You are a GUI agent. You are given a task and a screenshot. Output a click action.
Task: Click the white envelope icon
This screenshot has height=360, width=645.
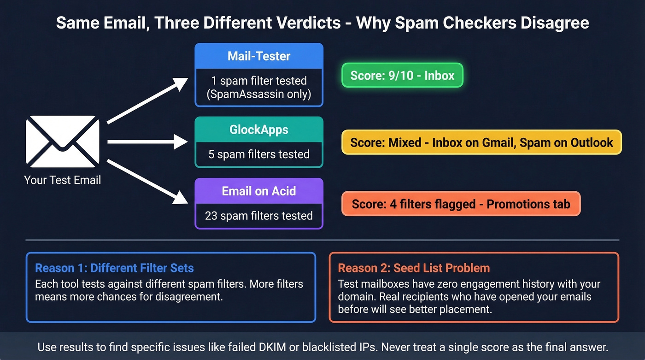[63, 142]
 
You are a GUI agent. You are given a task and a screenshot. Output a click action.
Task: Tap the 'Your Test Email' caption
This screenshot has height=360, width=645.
[63, 180]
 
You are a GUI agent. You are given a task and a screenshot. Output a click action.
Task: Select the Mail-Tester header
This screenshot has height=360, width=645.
[259, 56]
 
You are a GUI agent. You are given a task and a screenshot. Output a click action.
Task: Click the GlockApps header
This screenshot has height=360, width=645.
[259, 130]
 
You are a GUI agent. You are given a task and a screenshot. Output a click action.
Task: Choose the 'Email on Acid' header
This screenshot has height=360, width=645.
[259, 191]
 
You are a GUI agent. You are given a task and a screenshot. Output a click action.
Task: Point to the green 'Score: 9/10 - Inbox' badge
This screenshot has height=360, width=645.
[402, 76]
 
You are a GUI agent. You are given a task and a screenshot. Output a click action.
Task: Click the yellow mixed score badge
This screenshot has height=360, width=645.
[481, 142]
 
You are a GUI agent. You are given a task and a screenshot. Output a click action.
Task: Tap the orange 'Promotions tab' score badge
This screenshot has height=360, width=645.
[461, 204]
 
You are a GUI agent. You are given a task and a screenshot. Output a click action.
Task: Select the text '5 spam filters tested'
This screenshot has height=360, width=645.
[259, 154]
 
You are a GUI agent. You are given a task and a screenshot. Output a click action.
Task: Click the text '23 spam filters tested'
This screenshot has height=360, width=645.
[259, 215]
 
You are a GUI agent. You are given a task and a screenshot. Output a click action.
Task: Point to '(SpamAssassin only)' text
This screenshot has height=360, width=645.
[259, 94]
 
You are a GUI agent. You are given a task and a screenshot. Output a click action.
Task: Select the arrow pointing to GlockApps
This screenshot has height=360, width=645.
[147, 142]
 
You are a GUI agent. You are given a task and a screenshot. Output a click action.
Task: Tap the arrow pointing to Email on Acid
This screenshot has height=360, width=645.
[147, 181]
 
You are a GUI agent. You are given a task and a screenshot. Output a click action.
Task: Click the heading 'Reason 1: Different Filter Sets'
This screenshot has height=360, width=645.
[114, 268]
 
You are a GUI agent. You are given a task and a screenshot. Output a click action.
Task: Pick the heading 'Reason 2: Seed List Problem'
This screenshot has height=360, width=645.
[414, 268]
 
